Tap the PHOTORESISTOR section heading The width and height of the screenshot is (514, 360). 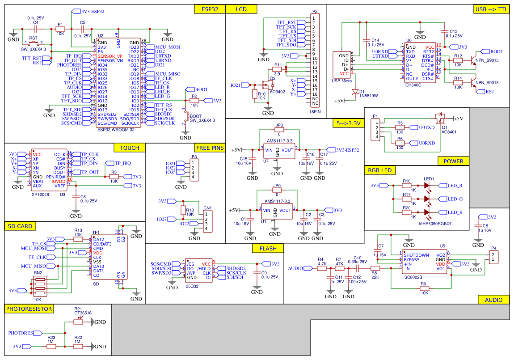[29, 309]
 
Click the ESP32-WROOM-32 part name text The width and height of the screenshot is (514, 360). [115, 129]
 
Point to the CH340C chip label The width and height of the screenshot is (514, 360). [413, 85]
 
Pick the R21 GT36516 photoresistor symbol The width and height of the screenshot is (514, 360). [78, 322]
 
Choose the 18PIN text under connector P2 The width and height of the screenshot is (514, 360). [315, 113]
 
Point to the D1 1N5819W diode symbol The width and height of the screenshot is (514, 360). [355, 92]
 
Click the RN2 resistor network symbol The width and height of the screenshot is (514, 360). [38, 285]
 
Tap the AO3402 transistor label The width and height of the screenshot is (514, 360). [277, 91]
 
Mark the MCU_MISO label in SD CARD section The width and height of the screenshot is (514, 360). [34, 266]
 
